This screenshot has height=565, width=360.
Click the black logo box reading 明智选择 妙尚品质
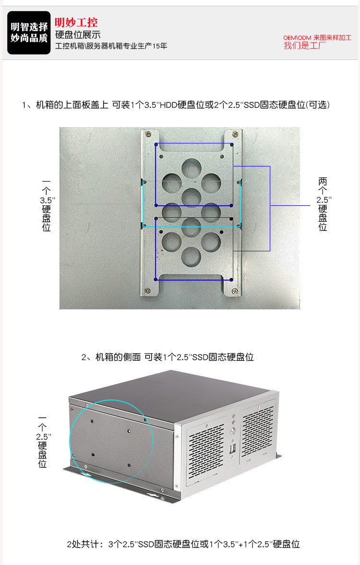tap(29, 33)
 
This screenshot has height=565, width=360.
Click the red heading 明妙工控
tap(76, 23)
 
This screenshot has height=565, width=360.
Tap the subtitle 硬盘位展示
tap(78, 35)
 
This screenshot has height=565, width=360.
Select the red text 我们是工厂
tap(304, 46)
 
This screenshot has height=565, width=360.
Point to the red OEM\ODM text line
tap(317, 37)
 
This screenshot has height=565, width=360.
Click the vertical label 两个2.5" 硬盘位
tap(323, 204)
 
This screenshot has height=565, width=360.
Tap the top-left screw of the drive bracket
tap(147, 135)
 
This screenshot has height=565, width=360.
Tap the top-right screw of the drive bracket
tap(235, 134)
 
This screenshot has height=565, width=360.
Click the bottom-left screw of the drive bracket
tap(147, 291)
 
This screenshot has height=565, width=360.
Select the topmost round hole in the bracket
tap(191, 168)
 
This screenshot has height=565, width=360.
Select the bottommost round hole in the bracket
tap(191, 256)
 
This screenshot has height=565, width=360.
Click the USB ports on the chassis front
tap(233, 449)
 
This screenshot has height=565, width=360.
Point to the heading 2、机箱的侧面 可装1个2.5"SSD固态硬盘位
tap(168, 357)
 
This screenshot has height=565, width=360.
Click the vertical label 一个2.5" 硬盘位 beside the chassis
tap(43, 442)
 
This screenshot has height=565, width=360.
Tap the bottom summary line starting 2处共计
tap(183, 544)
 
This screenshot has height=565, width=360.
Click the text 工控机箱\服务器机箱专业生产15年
tap(111, 46)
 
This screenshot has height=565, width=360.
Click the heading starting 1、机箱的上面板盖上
tap(176, 105)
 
